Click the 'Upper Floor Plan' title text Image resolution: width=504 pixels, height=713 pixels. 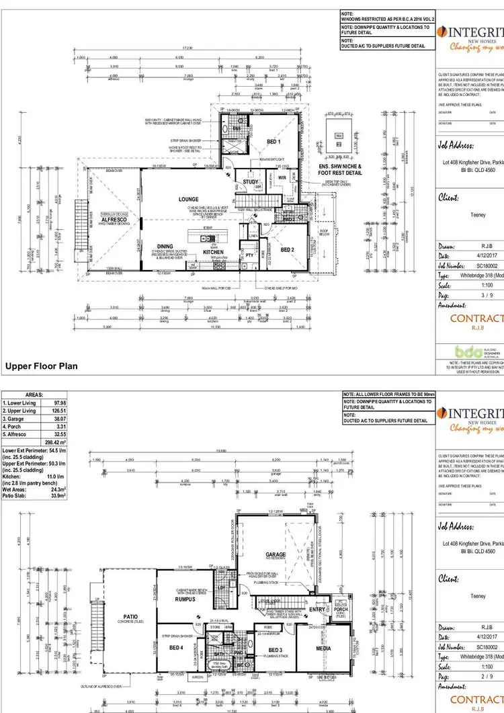42,366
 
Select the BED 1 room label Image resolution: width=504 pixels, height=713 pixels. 274,141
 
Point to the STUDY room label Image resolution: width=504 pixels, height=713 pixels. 251,181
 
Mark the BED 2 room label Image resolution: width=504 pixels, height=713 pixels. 288,249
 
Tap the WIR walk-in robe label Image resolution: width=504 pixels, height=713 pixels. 282,177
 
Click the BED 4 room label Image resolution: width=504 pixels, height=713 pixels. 176,648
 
